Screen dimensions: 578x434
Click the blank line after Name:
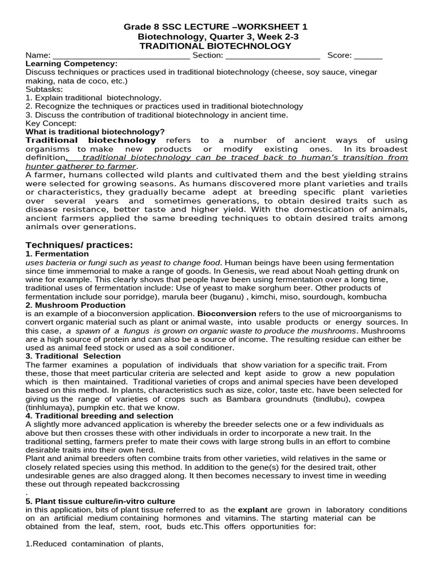121,55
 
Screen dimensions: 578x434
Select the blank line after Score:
368,55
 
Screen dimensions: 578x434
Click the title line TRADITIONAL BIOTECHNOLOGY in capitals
215,46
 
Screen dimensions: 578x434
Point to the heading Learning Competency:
72,64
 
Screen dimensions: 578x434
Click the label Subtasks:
45,89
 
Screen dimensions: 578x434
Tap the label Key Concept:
51,123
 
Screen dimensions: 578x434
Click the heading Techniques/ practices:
79,244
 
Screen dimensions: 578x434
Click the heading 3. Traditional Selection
73,356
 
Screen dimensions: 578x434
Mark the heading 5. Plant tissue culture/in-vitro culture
101,501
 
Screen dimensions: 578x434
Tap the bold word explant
254,510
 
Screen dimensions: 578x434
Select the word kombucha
367,296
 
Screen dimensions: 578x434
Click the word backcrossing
152,484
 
